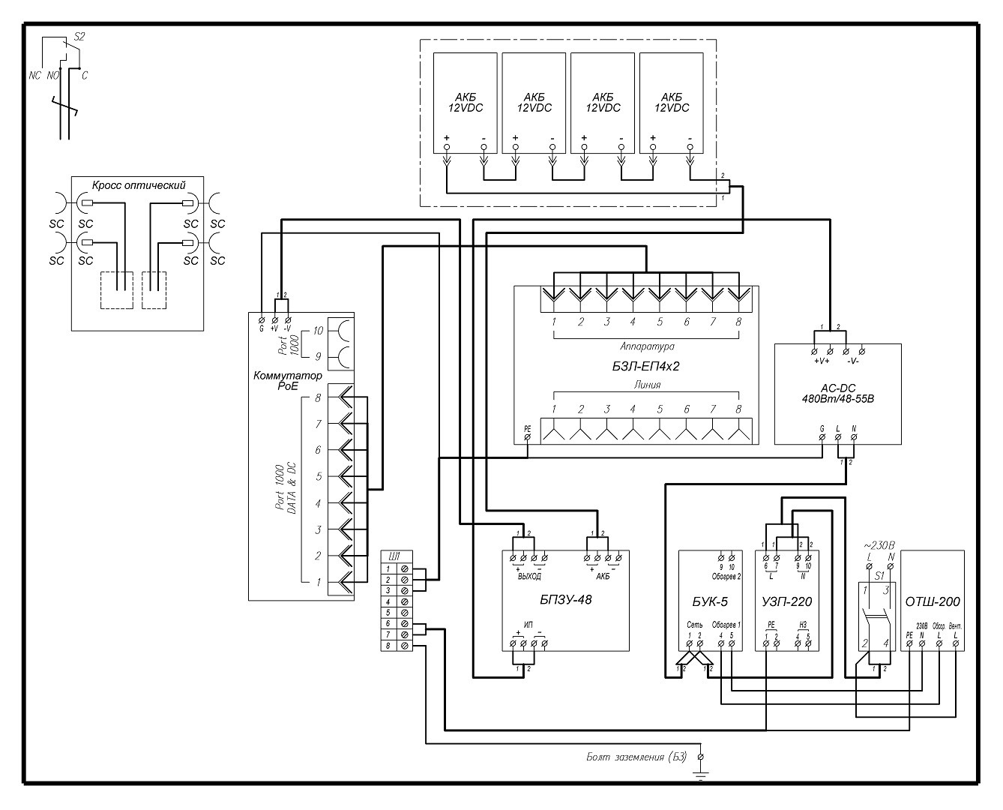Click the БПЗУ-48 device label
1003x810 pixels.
pos(566,599)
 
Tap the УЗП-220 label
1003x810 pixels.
pos(786,601)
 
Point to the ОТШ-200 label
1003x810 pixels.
pos(933,601)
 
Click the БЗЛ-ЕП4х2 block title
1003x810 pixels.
pos(645,367)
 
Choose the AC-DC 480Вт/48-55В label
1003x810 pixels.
pos(837,393)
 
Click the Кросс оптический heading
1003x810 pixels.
pos(138,185)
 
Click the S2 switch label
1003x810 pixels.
pos(80,36)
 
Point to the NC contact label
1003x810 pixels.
pos(34,75)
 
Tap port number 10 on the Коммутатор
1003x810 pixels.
pos(318,331)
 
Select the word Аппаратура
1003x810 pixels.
pos(647,347)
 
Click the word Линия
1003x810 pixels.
pos(646,385)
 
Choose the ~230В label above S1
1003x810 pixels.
pos(879,545)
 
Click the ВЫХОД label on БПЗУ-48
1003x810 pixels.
pos(528,576)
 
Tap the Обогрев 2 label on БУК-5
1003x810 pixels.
pos(726,576)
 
